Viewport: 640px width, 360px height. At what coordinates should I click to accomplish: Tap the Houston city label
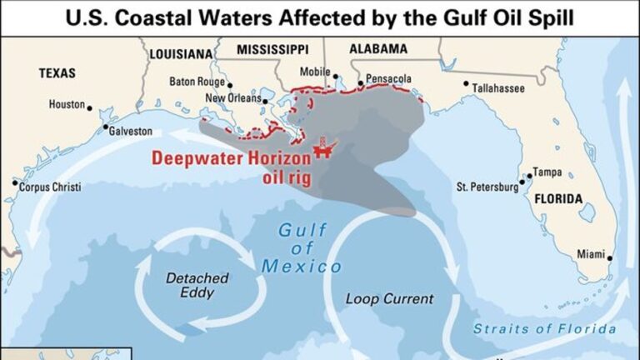pos(67,105)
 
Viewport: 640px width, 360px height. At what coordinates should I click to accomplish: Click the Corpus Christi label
pos(50,187)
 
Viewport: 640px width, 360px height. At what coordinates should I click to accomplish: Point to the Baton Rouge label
pos(197,82)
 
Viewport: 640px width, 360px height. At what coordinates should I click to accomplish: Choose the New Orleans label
pos(232,98)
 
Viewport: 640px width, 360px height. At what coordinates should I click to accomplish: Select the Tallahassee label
pos(500,86)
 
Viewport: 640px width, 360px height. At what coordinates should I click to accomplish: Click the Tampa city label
pos(547,172)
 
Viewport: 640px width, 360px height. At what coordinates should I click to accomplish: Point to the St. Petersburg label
pos(486,187)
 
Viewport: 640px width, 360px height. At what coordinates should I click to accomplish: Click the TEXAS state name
pos(58,74)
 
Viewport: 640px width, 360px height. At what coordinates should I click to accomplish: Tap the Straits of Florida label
pos(545,329)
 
